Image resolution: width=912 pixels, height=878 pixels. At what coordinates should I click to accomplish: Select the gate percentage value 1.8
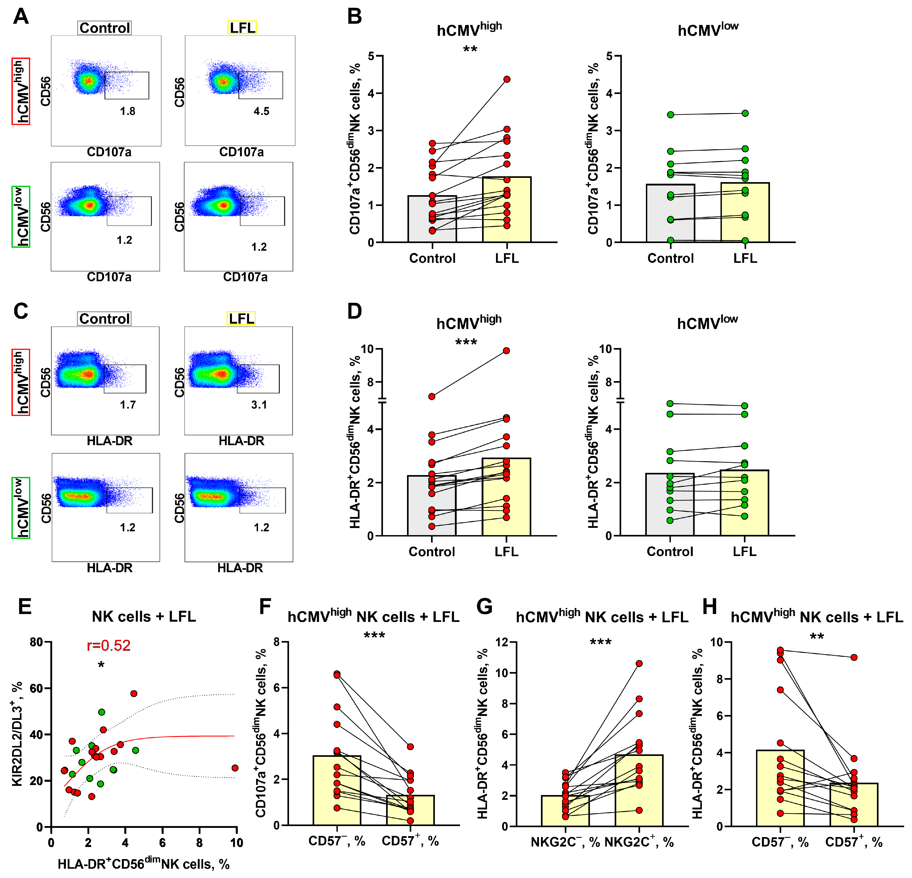127,111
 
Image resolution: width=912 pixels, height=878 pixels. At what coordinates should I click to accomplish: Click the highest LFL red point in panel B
507,79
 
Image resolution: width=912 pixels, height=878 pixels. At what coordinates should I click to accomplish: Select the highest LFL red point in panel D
506,351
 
